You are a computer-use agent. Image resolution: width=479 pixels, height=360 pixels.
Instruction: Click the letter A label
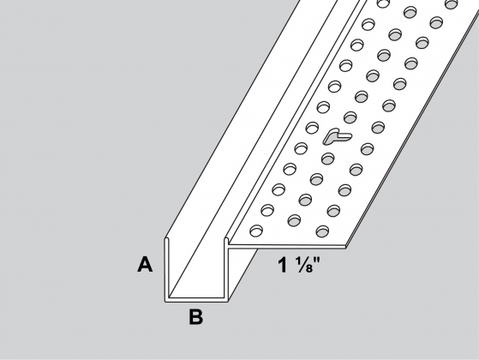tap(145, 264)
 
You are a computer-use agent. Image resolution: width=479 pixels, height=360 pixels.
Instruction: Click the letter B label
tap(196, 317)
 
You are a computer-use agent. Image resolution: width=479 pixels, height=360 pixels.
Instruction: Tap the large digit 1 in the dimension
tap(283, 265)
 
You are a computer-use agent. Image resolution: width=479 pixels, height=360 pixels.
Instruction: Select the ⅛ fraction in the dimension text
tap(303, 265)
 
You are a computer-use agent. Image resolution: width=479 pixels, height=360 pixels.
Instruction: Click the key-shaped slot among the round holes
tap(337, 136)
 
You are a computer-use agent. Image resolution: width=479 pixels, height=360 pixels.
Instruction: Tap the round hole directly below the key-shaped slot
tap(328, 158)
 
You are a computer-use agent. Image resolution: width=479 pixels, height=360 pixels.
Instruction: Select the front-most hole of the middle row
tap(294, 220)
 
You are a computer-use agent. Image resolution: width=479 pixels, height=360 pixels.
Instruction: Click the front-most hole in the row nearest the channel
tap(256, 231)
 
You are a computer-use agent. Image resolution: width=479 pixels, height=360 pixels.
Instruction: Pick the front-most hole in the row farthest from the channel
tap(322, 231)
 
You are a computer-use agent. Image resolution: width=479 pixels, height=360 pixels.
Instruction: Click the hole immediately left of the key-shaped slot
tap(312, 128)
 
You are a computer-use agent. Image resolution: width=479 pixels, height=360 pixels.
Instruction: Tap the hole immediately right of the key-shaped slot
tap(378, 127)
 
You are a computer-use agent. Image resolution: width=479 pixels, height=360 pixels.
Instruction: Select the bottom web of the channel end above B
tap(197, 300)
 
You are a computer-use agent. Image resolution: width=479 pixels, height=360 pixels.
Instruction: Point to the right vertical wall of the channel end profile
tap(226, 269)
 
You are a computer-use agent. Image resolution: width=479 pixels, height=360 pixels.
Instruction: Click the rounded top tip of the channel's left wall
tap(167, 238)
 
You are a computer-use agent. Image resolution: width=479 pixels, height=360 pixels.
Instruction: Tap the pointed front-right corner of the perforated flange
tap(346, 246)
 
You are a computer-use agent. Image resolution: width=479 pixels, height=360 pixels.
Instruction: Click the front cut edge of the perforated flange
tap(287, 246)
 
